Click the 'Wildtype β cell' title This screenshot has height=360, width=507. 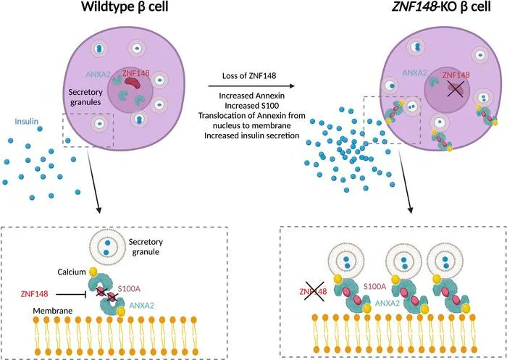point(125,7)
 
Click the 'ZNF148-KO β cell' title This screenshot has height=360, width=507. point(441,7)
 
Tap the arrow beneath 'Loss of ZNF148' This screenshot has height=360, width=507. point(251,86)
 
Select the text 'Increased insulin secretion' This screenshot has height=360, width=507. point(251,135)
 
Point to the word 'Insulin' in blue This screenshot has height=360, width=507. point(27,122)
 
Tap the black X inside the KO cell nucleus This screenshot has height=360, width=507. point(456,88)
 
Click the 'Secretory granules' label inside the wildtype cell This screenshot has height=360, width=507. point(85,97)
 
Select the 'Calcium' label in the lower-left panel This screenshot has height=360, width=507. point(72,272)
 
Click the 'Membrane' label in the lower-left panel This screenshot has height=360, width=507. point(53,311)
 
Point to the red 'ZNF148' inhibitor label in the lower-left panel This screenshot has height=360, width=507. point(34,294)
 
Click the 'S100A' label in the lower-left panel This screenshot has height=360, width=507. point(129,288)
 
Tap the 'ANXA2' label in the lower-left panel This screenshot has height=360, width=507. point(142,305)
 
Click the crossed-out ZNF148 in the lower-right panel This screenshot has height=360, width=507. point(313,291)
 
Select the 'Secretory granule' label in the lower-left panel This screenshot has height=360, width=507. point(146,246)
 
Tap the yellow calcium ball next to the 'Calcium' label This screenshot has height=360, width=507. point(93,272)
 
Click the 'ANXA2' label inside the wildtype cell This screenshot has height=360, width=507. point(99,75)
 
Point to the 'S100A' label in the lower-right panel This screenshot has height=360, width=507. point(374,286)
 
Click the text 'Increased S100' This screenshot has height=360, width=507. point(251,106)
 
